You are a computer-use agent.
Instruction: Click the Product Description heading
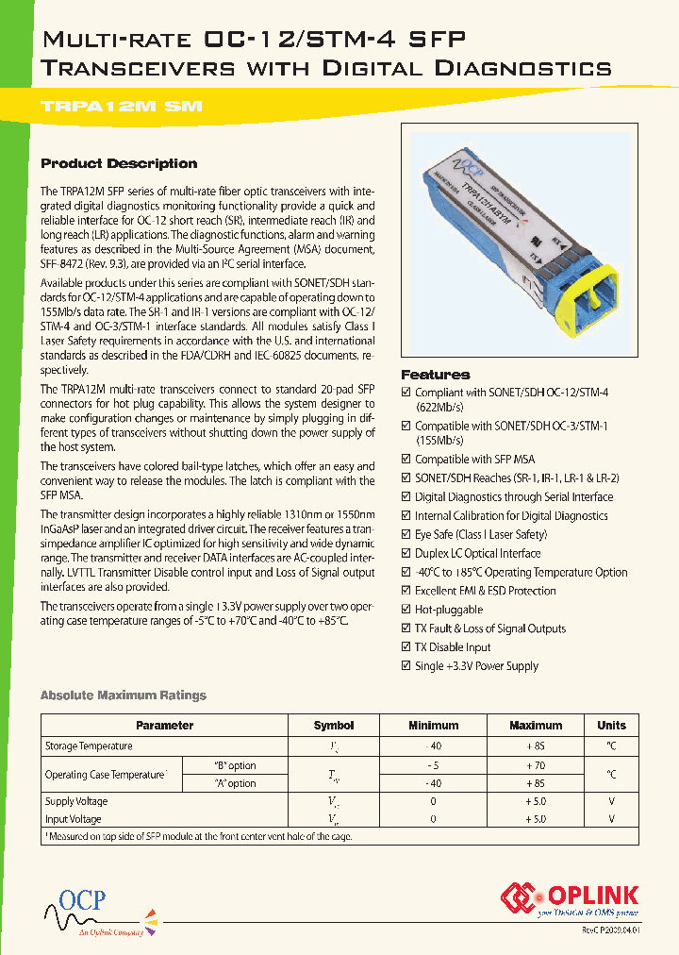click(x=119, y=163)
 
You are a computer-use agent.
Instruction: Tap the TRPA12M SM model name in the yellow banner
click(x=123, y=108)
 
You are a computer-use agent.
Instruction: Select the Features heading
click(x=435, y=375)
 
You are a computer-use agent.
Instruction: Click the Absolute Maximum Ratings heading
click(x=123, y=695)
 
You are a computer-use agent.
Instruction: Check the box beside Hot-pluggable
click(x=406, y=610)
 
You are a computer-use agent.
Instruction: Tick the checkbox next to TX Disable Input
click(x=406, y=647)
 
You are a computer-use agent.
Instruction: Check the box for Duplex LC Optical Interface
click(x=406, y=554)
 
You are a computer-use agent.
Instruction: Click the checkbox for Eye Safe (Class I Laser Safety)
click(x=406, y=535)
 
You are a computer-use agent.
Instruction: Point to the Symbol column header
click(x=334, y=726)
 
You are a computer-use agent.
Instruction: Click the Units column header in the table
click(x=611, y=726)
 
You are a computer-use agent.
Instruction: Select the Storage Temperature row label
click(x=89, y=746)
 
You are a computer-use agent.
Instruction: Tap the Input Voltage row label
click(x=74, y=819)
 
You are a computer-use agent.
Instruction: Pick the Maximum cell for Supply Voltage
click(x=535, y=801)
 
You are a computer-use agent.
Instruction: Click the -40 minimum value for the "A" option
click(x=433, y=783)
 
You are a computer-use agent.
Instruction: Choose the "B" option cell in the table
click(x=234, y=765)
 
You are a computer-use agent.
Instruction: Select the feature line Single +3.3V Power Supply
click(x=476, y=666)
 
